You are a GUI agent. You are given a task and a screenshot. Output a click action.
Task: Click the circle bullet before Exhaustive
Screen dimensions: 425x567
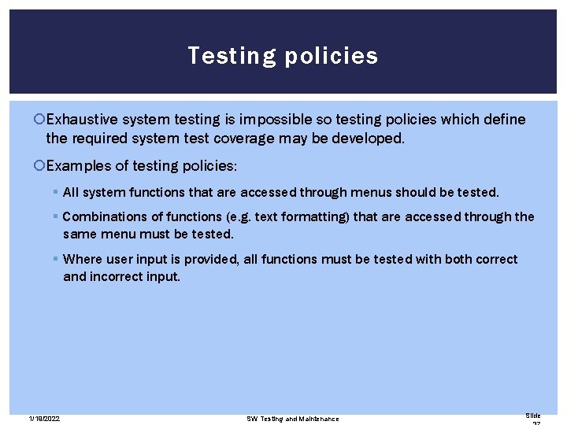coord(41,120)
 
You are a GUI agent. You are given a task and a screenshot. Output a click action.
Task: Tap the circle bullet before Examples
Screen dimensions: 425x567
coord(41,166)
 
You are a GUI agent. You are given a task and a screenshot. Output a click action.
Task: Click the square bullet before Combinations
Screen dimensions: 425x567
coord(56,216)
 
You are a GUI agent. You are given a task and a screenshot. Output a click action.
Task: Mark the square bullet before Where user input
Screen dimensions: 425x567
coord(56,259)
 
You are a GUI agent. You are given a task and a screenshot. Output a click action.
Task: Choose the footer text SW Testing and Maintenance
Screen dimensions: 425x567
coord(292,419)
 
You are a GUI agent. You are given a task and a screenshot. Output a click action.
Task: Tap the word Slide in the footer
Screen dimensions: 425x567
coord(533,416)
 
